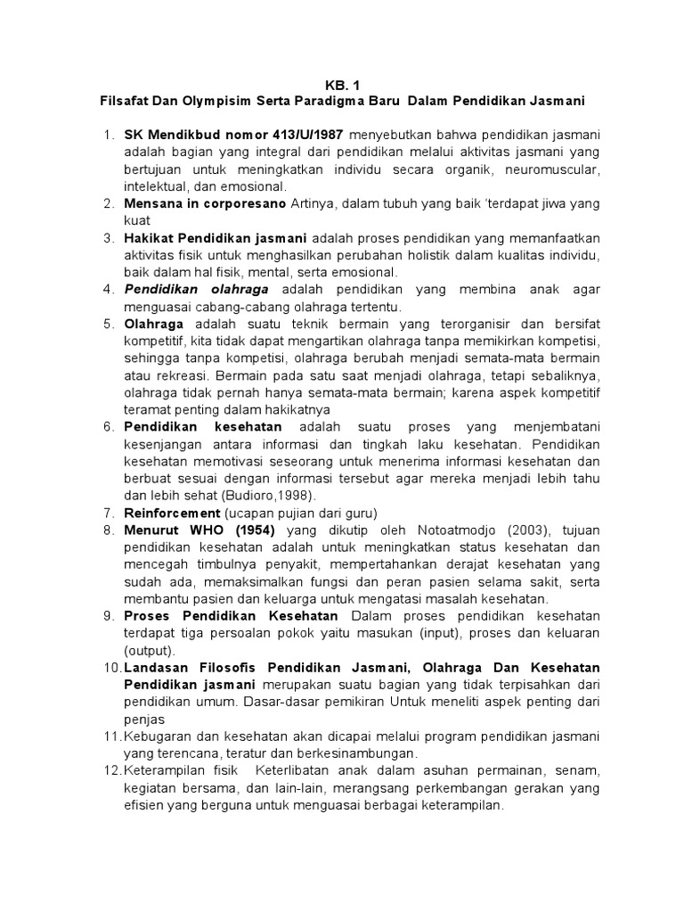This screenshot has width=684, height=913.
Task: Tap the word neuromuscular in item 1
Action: [552, 169]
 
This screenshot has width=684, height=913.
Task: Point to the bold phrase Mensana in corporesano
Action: [204, 204]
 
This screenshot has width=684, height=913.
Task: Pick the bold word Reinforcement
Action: [172, 513]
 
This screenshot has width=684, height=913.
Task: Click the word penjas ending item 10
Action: [143, 719]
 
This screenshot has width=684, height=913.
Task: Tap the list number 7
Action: [110, 513]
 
